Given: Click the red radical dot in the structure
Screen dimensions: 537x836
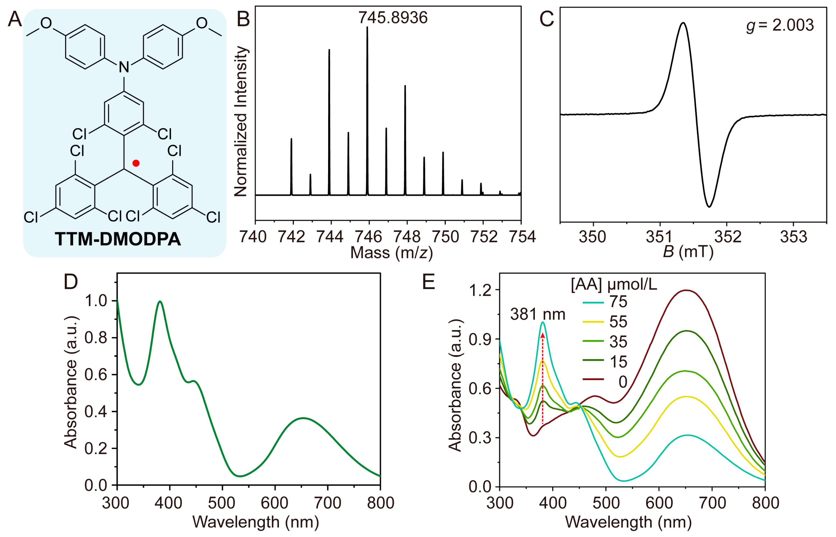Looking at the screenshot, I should (x=136, y=163).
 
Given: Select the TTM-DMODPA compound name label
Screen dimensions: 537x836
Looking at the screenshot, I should (x=118, y=240).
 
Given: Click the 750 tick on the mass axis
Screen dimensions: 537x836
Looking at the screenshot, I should (x=445, y=237).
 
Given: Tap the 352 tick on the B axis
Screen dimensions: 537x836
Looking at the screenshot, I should (x=728, y=237).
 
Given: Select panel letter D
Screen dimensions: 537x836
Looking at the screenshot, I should (x=71, y=282).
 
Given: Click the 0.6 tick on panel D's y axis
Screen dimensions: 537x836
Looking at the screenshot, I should (x=96, y=375).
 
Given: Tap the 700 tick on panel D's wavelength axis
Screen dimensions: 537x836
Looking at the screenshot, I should (x=327, y=503).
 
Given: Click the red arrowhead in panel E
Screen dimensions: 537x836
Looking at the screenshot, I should (x=543, y=335).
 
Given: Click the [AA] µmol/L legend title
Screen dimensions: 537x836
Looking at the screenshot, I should (x=614, y=285).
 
